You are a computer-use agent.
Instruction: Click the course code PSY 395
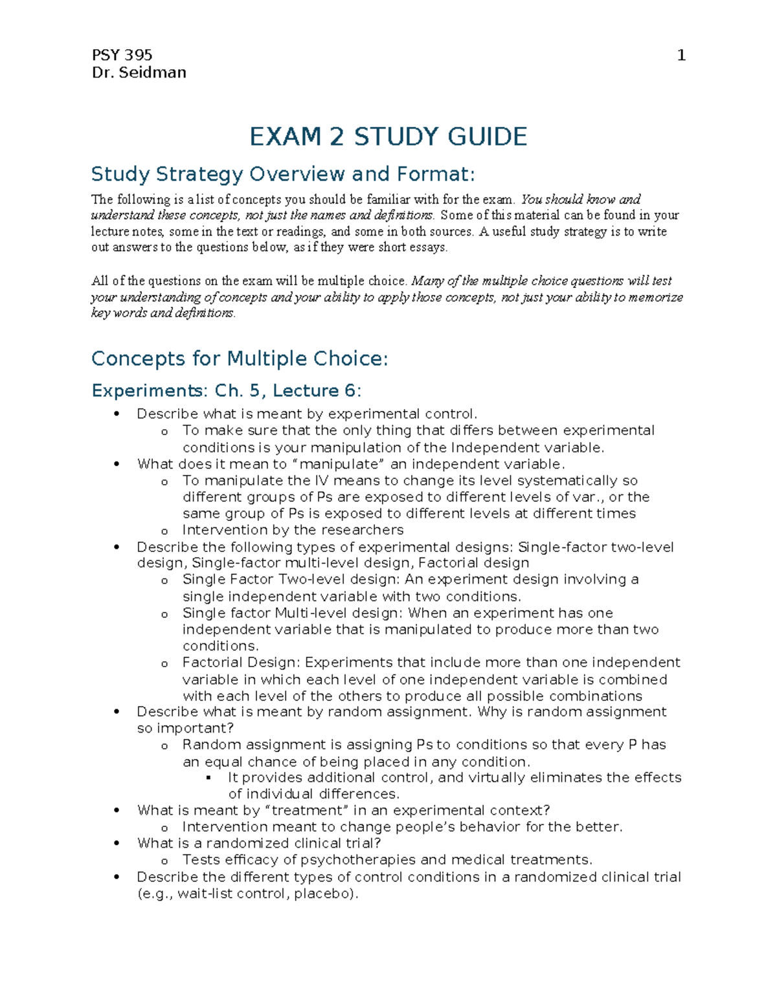tap(122, 55)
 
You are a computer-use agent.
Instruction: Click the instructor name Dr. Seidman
tap(139, 72)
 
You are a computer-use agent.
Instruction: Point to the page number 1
tap(681, 56)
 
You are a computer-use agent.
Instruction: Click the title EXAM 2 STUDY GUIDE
tap(388, 137)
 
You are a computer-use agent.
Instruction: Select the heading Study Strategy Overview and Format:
tap(283, 174)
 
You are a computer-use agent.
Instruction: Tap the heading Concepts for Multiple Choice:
tap(240, 359)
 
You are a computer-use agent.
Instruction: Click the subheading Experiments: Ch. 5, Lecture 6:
tap(227, 391)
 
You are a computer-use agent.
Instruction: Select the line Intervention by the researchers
tap(293, 530)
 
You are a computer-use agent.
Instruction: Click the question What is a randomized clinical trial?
tap(259, 843)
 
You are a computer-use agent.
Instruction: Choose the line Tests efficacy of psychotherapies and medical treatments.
tap(387, 860)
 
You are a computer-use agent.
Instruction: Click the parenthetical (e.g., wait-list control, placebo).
tap(247, 894)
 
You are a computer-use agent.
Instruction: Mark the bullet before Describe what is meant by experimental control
tap(117, 414)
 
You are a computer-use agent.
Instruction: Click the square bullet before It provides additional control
tap(208, 777)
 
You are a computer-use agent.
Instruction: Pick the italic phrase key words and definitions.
tap(163, 313)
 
